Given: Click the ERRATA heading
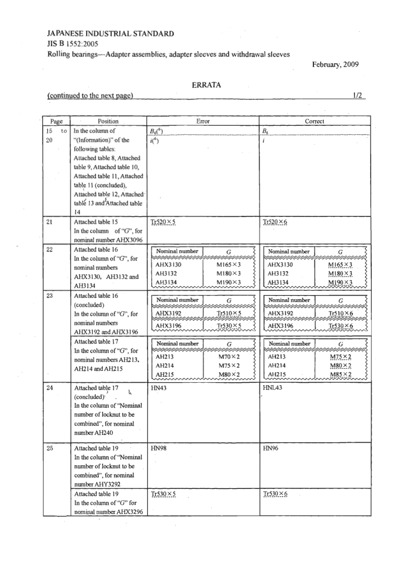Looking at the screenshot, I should (x=206, y=85).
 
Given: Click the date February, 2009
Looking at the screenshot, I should (x=335, y=64).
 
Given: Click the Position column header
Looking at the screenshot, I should (x=108, y=121).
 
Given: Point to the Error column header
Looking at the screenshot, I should (x=203, y=121).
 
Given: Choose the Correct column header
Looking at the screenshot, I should (x=314, y=121).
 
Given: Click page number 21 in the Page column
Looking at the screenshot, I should (x=50, y=222).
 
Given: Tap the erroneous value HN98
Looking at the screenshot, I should (x=158, y=448).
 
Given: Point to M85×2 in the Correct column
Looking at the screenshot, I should (x=341, y=375).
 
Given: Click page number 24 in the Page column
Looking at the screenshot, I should (x=50, y=388).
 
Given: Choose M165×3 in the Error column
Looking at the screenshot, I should (x=228, y=265).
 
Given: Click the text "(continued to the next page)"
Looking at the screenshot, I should (x=90, y=96).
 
